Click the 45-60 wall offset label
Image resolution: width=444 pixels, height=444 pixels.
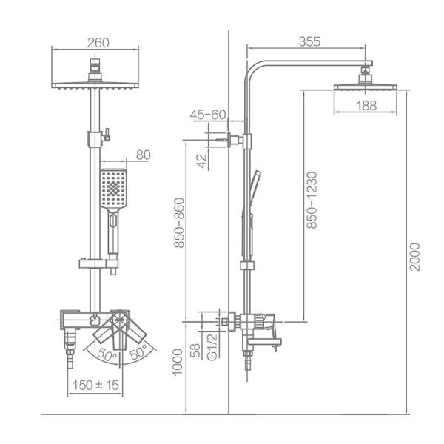207,115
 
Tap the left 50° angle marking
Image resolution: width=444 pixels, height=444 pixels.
106,356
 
